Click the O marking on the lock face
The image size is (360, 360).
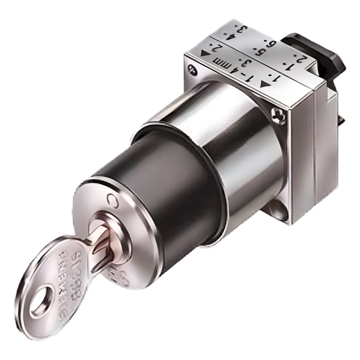pyautogui.click(x=112, y=199)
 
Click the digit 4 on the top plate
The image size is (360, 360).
pyautogui.click(x=231, y=36)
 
